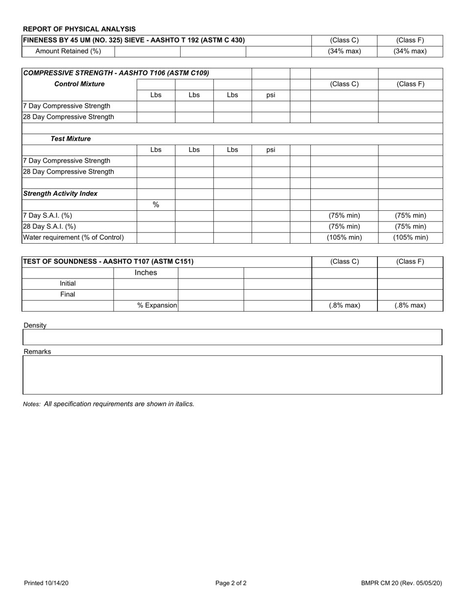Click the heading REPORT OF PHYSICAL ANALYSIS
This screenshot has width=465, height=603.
click(x=79, y=29)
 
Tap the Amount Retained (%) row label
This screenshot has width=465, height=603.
click(x=68, y=51)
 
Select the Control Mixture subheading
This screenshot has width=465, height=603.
click(x=79, y=84)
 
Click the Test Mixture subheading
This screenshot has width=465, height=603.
click(x=71, y=139)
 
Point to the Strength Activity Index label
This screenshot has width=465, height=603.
click(x=60, y=194)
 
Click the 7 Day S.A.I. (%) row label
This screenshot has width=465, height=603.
click(x=47, y=216)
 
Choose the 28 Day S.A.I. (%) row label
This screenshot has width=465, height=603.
click(x=49, y=226)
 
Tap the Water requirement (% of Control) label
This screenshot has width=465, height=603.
click(x=73, y=238)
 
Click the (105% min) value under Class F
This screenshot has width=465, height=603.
click(x=410, y=238)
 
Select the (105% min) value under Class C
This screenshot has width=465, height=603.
click(x=344, y=238)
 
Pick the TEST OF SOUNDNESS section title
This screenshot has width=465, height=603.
click(x=108, y=261)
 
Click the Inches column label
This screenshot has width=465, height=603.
click(x=146, y=273)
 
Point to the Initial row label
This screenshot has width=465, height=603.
click(x=68, y=283)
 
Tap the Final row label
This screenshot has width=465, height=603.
click(x=68, y=295)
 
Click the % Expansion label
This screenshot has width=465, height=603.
click(x=157, y=305)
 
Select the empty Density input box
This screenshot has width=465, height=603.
click(x=232, y=337)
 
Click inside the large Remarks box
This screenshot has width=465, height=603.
click(x=232, y=375)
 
